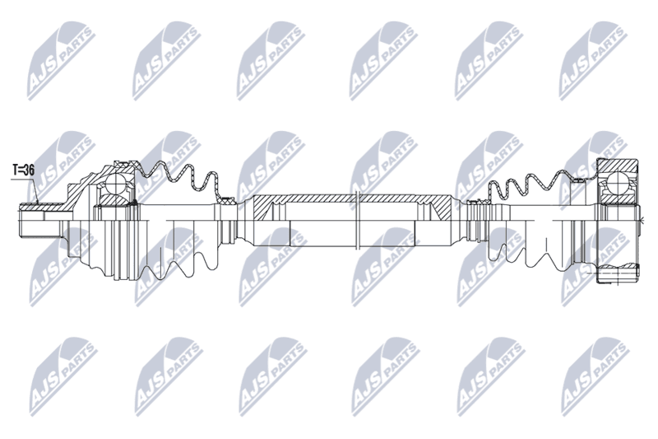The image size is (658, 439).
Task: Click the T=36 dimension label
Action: tap(23, 170)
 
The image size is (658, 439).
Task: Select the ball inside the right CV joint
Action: tap(617, 180)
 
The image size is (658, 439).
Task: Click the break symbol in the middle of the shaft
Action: tap(358, 220)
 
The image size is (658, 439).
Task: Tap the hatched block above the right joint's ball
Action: tap(618, 165)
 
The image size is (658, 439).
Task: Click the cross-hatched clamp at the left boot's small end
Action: tap(229, 199)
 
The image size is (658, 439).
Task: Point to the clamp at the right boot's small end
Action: tap(475, 203)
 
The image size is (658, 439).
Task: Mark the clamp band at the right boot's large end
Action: tap(578, 180)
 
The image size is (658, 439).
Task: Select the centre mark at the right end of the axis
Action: tap(642, 218)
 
